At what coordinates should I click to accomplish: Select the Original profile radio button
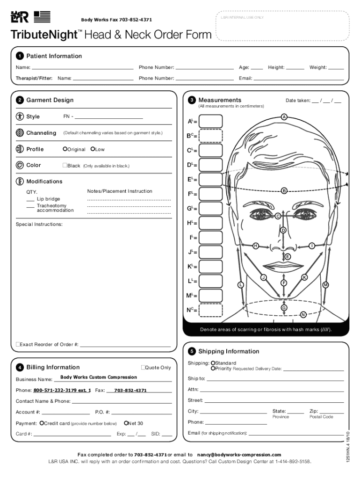[x=65, y=149]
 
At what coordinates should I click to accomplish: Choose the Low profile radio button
[x=93, y=149]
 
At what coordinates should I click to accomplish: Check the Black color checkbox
[x=65, y=166]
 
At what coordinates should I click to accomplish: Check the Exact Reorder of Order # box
[x=18, y=345]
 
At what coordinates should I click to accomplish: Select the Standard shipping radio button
[x=213, y=363]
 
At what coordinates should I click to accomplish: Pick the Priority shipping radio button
[x=213, y=369]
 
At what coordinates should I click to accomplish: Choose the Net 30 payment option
[x=126, y=423]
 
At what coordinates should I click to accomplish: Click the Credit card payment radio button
[x=42, y=423]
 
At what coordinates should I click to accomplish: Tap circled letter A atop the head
[x=284, y=116]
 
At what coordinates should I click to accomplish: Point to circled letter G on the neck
[x=283, y=307]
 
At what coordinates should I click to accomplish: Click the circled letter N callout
[x=303, y=314]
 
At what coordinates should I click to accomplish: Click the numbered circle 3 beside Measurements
[x=192, y=100]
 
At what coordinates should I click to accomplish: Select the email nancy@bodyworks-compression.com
[x=239, y=455]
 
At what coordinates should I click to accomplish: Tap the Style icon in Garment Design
[x=20, y=116]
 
